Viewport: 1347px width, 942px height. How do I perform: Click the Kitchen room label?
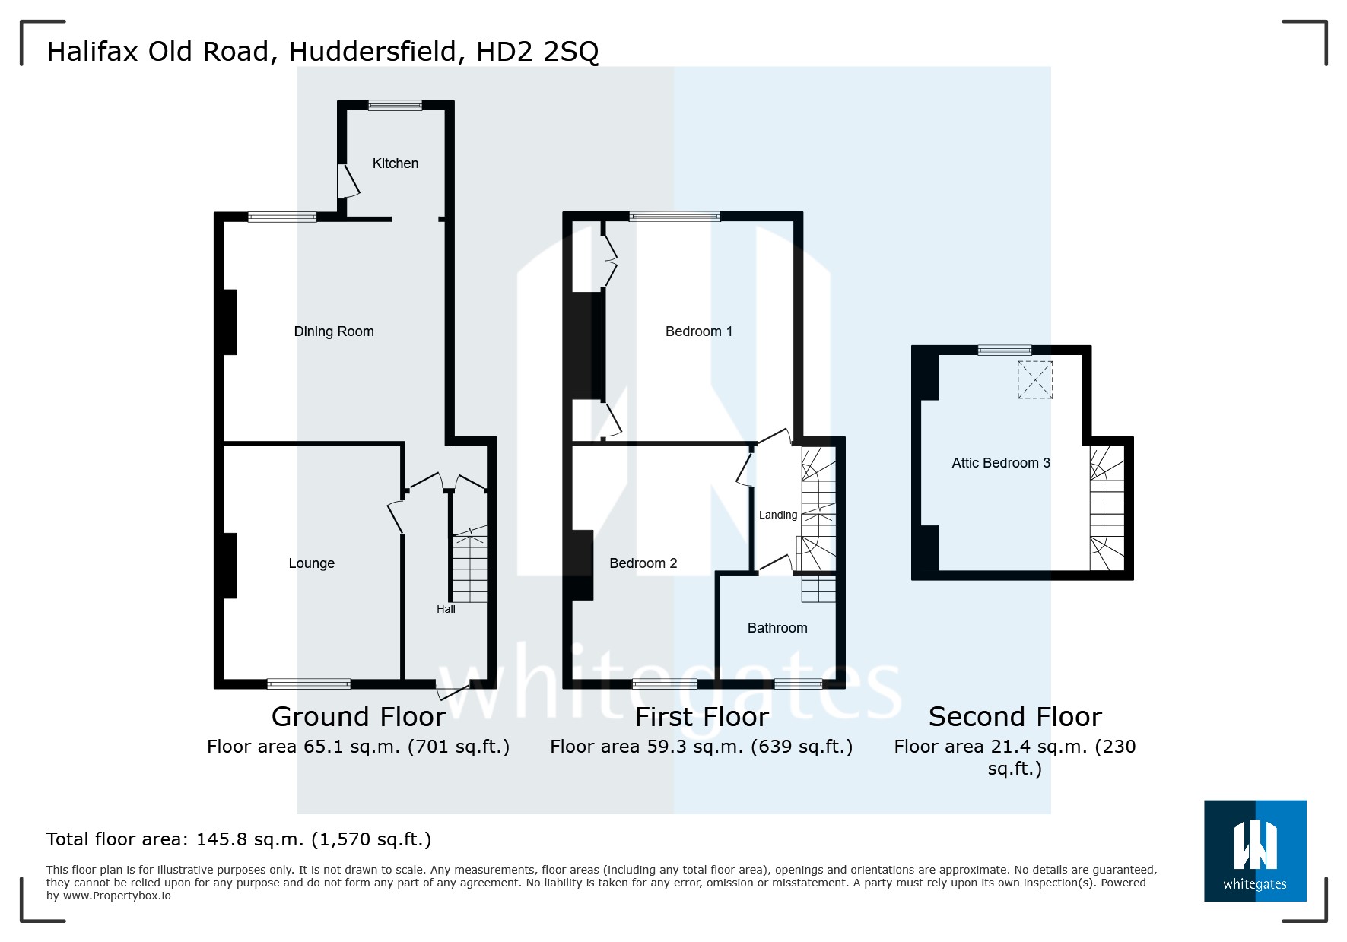(x=395, y=163)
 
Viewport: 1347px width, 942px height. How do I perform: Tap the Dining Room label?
(x=334, y=331)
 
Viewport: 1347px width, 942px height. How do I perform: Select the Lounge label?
(x=311, y=563)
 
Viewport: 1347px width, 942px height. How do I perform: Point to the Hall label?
(x=446, y=609)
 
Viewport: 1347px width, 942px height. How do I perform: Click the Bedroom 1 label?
(x=698, y=331)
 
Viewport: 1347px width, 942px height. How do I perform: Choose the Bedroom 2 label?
(x=643, y=563)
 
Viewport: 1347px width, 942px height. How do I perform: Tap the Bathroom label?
(x=777, y=628)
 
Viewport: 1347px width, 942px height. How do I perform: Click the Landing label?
(x=777, y=515)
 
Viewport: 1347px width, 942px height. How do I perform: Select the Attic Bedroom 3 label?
(x=1000, y=463)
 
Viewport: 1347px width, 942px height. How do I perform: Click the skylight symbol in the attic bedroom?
(x=1034, y=379)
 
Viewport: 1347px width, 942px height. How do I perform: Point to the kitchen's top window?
(x=395, y=106)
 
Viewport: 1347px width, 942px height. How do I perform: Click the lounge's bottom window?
(x=309, y=684)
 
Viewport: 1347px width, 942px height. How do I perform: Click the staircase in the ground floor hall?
(x=469, y=569)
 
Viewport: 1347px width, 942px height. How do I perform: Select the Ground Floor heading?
(x=358, y=717)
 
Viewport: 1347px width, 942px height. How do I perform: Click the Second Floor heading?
(x=1015, y=717)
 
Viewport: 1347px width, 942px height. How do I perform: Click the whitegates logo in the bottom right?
(x=1254, y=851)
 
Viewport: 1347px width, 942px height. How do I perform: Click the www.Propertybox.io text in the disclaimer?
(x=116, y=896)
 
